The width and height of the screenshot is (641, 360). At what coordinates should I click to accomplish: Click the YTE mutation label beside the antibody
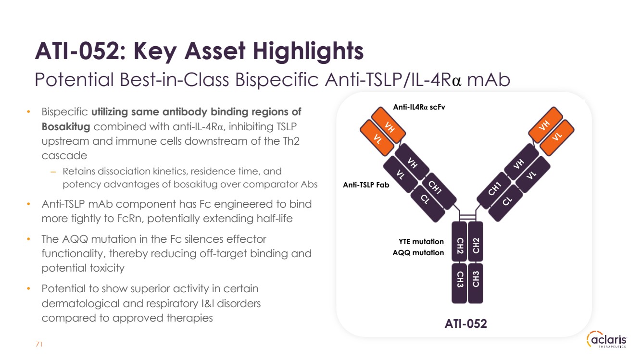click(x=421, y=242)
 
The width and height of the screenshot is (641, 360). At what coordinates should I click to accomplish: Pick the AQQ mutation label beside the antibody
click(x=418, y=252)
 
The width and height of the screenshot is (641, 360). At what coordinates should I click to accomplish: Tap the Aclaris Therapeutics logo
click(x=607, y=340)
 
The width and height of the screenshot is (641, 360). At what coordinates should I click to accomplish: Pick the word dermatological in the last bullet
click(x=81, y=303)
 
